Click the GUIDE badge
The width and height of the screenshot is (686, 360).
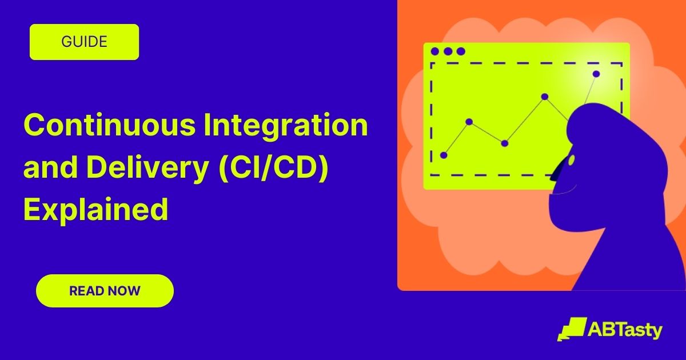click(84, 42)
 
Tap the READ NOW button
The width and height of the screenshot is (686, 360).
click(105, 291)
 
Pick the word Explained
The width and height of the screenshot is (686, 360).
click(95, 209)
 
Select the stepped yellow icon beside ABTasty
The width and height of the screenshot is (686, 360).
click(571, 329)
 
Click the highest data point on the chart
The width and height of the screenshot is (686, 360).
click(596, 74)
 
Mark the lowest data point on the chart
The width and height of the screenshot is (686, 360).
click(444, 155)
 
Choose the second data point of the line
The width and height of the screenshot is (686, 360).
click(469, 121)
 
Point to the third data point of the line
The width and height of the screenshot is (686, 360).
click(504, 143)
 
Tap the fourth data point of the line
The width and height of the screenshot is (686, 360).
click(545, 97)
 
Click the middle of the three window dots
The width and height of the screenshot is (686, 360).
click(448, 51)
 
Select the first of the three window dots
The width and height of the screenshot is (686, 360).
click(435, 51)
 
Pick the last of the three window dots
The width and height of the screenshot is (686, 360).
click(461, 51)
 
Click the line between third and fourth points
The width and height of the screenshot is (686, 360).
click(525, 120)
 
